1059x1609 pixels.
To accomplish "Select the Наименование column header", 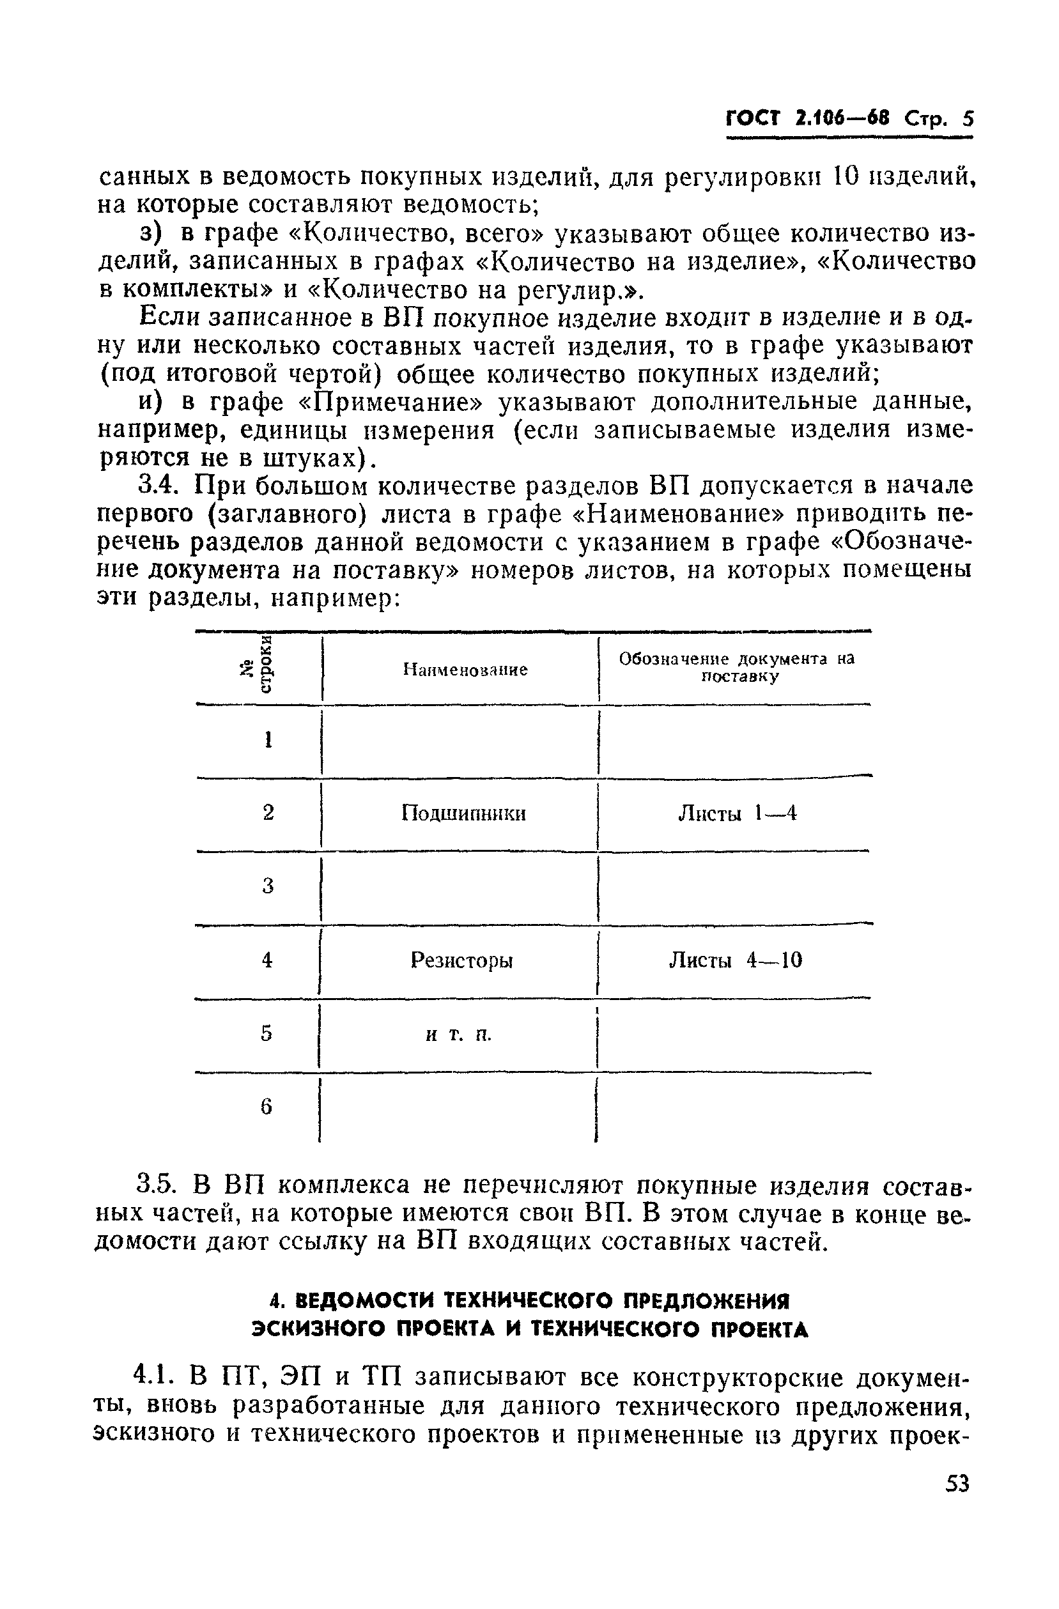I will (465, 670).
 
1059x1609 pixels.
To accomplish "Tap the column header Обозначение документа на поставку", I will (736, 667).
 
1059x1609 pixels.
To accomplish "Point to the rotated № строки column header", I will (258, 666).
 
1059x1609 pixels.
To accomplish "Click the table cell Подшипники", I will (463, 813).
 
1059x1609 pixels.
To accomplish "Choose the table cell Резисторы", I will (462, 960).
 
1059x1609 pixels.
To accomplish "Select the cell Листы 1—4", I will (737, 813).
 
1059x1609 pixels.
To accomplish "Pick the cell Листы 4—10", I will (736, 960).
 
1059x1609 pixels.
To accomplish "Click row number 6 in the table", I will (267, 1107).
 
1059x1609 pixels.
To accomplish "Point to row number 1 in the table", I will (268, 739).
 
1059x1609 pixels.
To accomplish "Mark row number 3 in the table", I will (268, 886).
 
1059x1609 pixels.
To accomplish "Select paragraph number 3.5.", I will (158, 1185).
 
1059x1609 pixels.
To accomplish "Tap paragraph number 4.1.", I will (155, 1376).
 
